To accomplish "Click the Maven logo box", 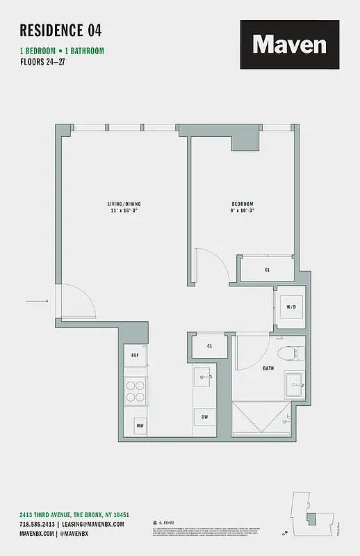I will [290, 44].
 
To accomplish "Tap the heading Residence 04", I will [60, 30].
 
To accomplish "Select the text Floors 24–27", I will [46, 62].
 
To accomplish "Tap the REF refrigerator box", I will [135, 355].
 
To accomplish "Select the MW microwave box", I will [139, 425].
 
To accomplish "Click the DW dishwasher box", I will [205, 417].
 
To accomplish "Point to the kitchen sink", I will [205, 378].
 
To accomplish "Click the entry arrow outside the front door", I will [37, 301].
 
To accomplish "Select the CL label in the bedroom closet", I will [268, 270].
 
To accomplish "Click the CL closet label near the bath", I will [209, 345].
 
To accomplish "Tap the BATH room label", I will [268, 368].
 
